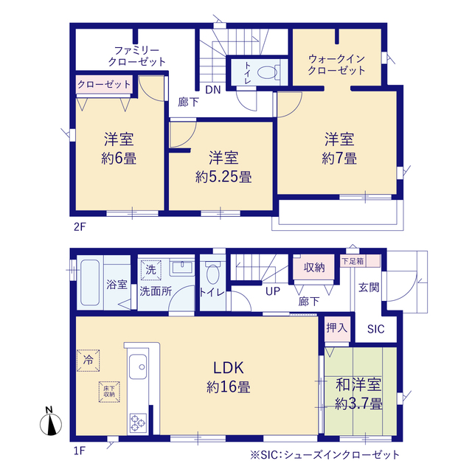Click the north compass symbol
click(51, 421)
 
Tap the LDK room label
click(228, 368)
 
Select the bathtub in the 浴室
click(90, 282)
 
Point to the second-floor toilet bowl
click(267, 72)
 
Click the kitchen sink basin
click(138, 367)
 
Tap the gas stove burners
click(138, 423)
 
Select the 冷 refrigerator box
click(88, 361)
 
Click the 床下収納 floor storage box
click(109, 392)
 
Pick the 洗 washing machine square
click(150, 270)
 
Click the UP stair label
click(273, 291)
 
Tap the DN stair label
click(213, 90)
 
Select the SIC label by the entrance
click(375, 329)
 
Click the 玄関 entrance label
click(369, 288)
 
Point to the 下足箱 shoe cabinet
click(361, 261)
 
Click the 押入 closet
click(337, 328)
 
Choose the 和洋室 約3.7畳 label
click(358, 394)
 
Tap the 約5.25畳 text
click(223, 177)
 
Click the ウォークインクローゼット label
click(336, 64)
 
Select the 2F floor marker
click(80, 226)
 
